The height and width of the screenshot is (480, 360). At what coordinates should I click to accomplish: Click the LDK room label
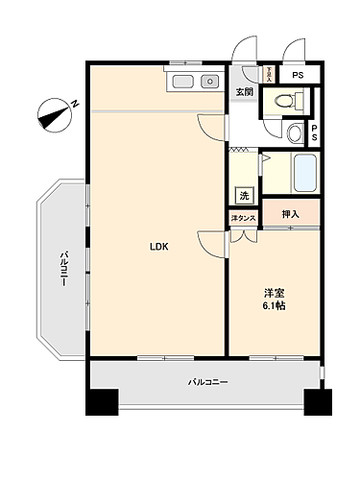click(158, 247)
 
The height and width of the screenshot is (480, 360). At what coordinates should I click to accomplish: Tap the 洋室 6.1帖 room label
click(275, 299)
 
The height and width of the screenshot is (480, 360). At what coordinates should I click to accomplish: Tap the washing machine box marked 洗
click(245, 195)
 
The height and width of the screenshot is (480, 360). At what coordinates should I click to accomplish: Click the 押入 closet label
click(290, 216)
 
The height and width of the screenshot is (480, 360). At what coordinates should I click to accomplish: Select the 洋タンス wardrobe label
click(243, 220)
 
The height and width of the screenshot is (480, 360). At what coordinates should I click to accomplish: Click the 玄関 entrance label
click(244, 92)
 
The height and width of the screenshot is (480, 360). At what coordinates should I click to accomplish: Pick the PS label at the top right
click(298, 75)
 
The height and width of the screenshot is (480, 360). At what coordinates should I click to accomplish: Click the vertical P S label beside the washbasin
click(314, 133)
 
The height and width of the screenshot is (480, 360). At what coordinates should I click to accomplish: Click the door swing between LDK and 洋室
click(211, 245)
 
